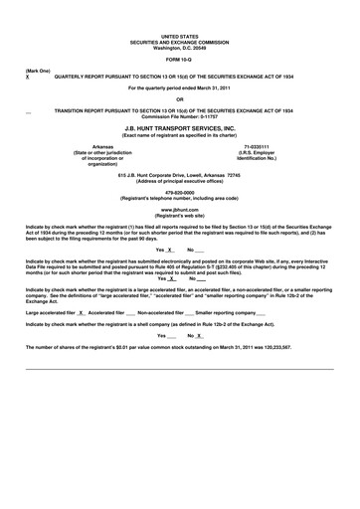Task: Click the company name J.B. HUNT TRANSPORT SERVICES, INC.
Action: (x=180, y=129)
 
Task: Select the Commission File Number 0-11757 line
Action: (x=180, y=116)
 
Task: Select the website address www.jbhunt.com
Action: (x=180, y=210)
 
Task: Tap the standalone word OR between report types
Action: (x=180, y=98)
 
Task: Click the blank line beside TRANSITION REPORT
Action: (x=28, y=111)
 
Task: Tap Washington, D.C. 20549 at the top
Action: (x=180, y=48)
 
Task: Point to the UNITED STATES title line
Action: (x=180, y=36)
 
